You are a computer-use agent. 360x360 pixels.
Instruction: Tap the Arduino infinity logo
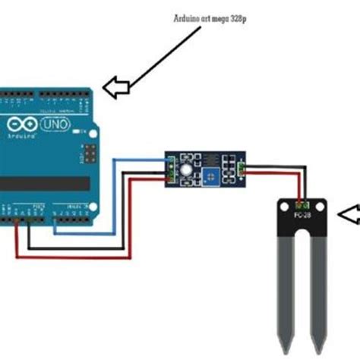tap(22, 125)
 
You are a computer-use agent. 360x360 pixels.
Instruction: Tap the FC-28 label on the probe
tap(302, 216)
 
